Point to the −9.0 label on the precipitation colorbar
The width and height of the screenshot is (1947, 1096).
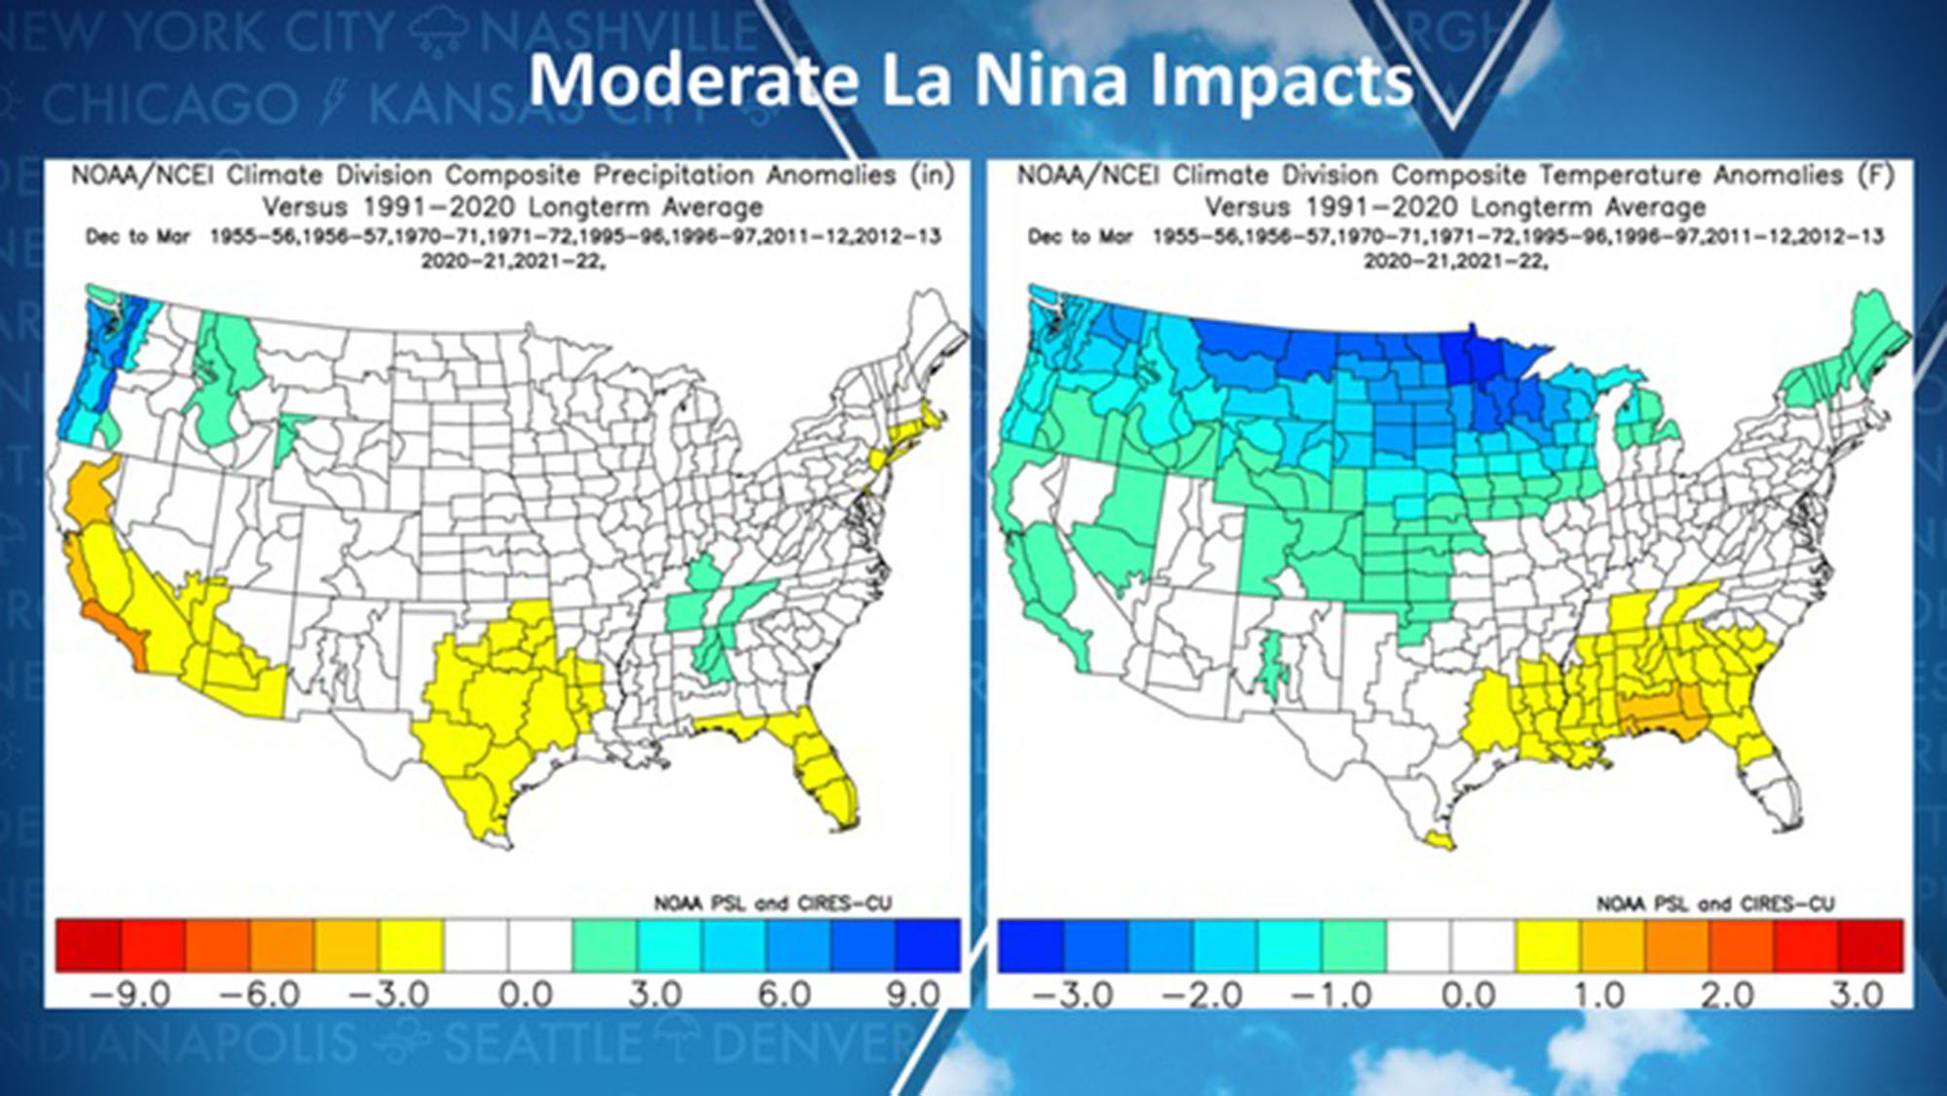[x=129, y=995]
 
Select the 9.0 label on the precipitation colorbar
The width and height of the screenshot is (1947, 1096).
[x=912, y=995]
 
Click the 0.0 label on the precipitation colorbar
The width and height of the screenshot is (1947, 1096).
[x=526, y=995]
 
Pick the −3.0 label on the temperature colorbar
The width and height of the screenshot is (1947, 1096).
[x=1072, y=995]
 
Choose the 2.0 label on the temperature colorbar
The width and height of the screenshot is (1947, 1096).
[x=1727, y=995]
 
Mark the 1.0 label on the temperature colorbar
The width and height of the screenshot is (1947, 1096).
[x=1598, y=995]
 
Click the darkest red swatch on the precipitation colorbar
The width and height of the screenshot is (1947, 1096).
[x=89, y=945]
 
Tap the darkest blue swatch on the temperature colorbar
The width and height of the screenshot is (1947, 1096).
[x=1030, y=945]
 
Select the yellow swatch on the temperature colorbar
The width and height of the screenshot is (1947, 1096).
[x=1548, y=945]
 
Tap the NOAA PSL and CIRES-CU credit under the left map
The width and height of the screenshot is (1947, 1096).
[x=772, y=903]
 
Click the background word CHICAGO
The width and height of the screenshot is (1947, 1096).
[x=170, y=104]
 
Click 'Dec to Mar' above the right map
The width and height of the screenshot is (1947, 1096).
[x=1081, y=237]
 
